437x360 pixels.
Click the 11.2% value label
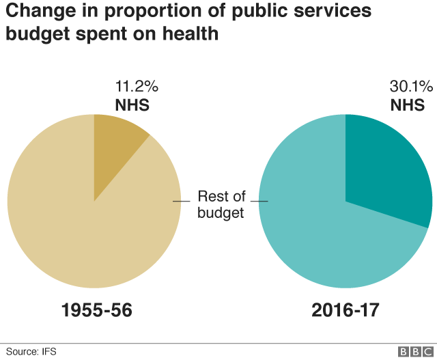coord(137,87)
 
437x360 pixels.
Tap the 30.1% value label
coord(411,87)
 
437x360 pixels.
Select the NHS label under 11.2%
coord(132,105)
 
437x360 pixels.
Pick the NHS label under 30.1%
coord(407,105)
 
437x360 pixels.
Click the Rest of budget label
coord(221,205)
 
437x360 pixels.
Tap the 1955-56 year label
coord(96,310)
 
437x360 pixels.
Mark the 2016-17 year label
coord(345,310)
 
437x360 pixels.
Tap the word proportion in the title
coord(161,12)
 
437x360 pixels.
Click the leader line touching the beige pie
coord(181,201)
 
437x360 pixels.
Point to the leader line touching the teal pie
coord(259,201)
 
